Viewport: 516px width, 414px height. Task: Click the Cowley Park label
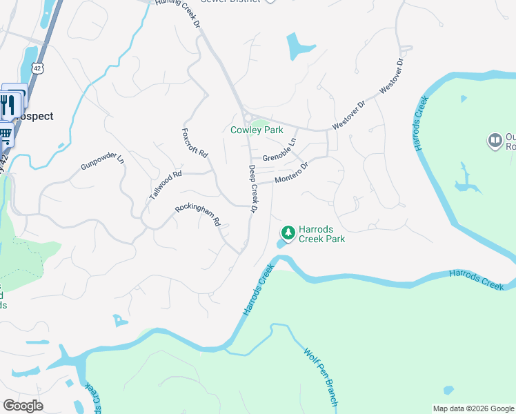[x=257, y=130]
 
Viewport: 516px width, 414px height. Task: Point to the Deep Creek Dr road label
[x=253, y=188]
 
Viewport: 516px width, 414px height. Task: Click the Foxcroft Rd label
[x=195, y=143]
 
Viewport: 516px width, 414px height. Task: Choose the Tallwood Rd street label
[x=165, y=185]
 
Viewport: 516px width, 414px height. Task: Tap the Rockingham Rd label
[x=198, y=214]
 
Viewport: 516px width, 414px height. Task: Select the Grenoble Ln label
[x=278, y=150]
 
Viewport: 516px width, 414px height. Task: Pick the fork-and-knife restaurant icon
[x=8, y=106]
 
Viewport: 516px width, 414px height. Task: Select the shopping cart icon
[x=5, y=134]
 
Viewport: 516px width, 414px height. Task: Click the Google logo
[x=23, y=406]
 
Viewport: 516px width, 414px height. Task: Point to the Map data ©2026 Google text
[x=473, y=408]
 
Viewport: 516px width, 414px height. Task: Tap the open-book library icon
[x=495, y=141]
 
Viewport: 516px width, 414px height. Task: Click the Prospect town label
[x=34, y=116]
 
